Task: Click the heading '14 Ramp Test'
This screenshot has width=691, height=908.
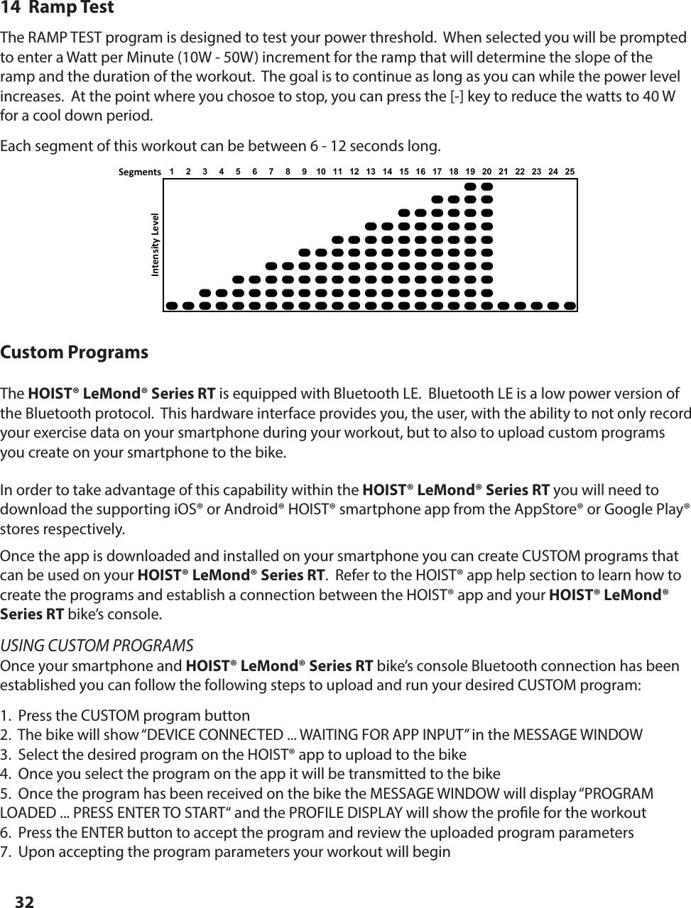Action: coord(57,9)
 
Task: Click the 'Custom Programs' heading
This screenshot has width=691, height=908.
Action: coord(75,353)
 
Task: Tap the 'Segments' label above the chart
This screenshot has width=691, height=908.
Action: coord(140,172)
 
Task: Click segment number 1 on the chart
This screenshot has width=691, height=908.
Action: coord(171,172)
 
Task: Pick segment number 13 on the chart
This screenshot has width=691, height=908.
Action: coord(371,172)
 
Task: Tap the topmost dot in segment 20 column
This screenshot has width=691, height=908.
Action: coord(486,187)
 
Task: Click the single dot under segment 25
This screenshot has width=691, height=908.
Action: coord(570,306)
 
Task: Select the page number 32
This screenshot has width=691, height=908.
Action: coord(25,902)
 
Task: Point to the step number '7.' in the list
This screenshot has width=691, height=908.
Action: coord(6,851)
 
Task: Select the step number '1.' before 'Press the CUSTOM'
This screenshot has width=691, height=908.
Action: coord(6,715)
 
